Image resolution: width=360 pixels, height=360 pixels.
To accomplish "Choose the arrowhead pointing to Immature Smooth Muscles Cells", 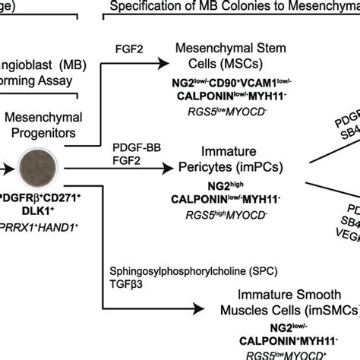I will point(210,307).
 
